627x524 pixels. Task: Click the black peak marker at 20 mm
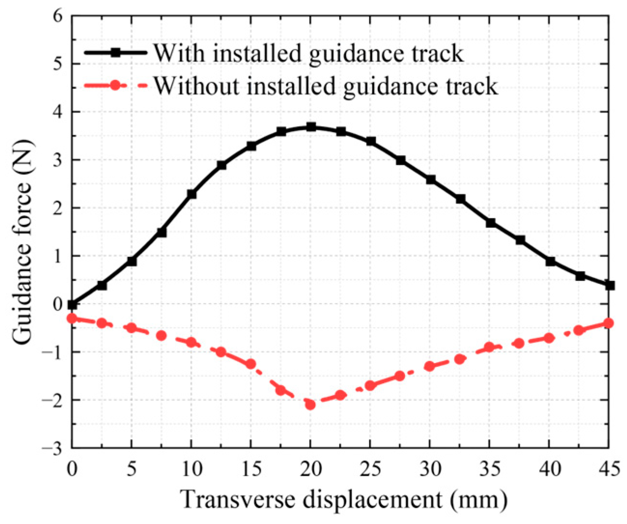[311, 127]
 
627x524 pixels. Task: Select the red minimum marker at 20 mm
[310, 405]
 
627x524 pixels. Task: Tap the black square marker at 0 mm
[72, 305]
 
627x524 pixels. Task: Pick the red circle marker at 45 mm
[609, 323]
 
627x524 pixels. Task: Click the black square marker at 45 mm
[610, 285]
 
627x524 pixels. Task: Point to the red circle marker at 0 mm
[72, 318]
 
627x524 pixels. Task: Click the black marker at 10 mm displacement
[192, 194]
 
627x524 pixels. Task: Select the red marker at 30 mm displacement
[430, 366]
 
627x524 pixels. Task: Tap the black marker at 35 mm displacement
[490, 223]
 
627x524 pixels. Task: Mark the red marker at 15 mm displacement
[251, 364]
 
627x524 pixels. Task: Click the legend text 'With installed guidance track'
[308, 53]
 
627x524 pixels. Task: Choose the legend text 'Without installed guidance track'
[325, 86]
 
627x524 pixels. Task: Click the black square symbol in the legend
[115, 53]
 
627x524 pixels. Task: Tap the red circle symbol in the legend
[115, 85]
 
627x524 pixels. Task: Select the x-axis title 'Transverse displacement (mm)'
[344, 500]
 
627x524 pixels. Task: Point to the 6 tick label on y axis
[58, 16]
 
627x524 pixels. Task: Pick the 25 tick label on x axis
[370, 468]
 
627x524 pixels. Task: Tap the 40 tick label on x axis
[549, 468]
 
